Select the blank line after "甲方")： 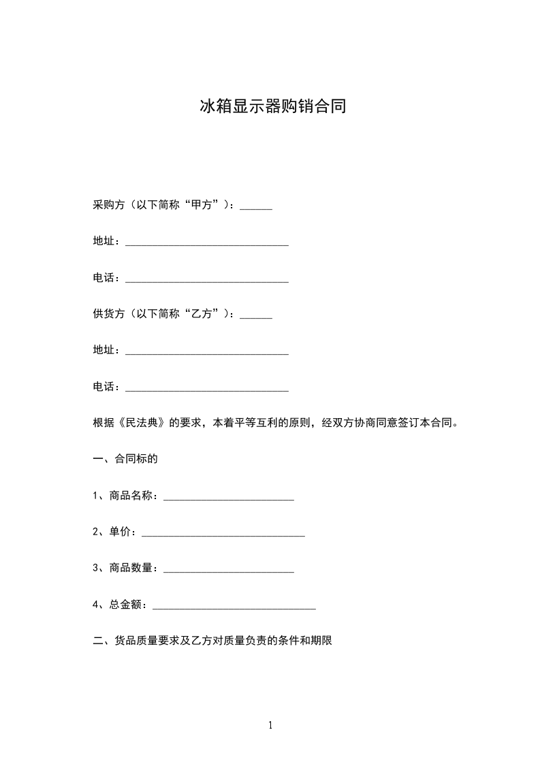point(256,208)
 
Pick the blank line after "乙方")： point(256,316)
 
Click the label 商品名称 point(133,495)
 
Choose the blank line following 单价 point(223,535)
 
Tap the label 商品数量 point(133,568)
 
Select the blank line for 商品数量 point(229,571)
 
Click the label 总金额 point(126,604)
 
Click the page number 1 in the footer point(270,725)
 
